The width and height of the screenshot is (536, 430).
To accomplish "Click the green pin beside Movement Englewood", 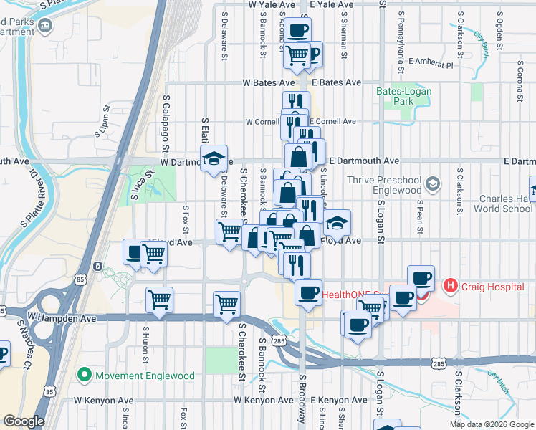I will (x=84, y=375).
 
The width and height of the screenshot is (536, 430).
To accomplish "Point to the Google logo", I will (x=24, y=421).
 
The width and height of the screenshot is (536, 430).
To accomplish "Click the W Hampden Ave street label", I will (x=62, y=316).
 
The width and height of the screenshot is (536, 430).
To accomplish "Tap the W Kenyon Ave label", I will (x=103, y=400).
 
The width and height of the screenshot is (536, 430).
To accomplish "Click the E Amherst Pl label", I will (x=431, y=64).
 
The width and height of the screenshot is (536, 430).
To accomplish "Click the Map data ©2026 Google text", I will (x=492, y=424).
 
